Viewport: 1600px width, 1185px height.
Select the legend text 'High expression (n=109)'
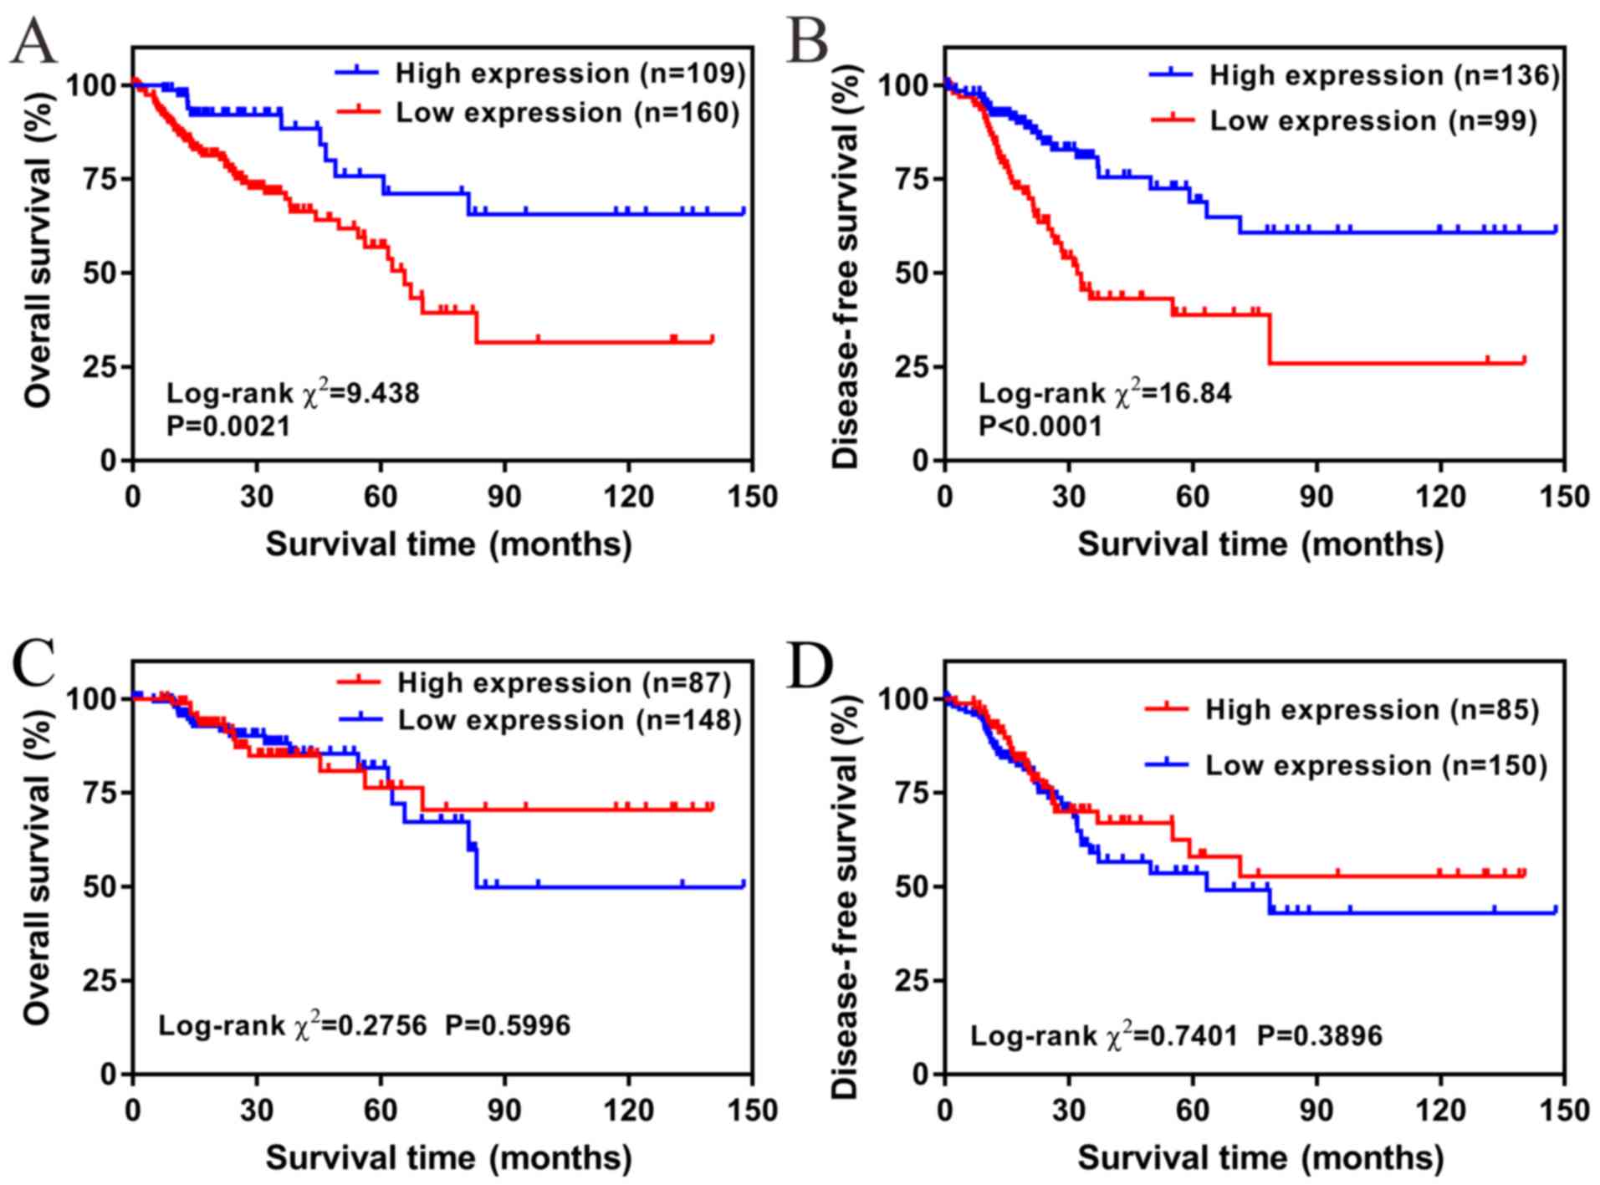click(x=570, y=74)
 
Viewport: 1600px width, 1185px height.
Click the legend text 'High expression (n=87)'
click(x=564, y=683)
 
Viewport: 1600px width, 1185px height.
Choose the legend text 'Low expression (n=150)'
click(x=1376, y=765)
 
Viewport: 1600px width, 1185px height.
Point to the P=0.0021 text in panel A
click(x=228, y=426)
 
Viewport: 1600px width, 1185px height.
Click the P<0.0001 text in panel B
click(x=1040, y=426)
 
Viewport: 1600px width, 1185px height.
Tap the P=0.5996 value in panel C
click(x=507, y=1025)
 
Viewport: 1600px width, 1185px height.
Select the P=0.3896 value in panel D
click(x=1320, y=1036)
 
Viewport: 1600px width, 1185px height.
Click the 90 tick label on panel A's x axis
click(x=504, y=497)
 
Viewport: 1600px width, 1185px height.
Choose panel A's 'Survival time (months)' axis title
click(x=448, y=544)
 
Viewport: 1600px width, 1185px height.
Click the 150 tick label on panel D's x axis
click(x=1562, y=1111)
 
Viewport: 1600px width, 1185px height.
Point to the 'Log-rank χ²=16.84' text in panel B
click(x=1105, y=393)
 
